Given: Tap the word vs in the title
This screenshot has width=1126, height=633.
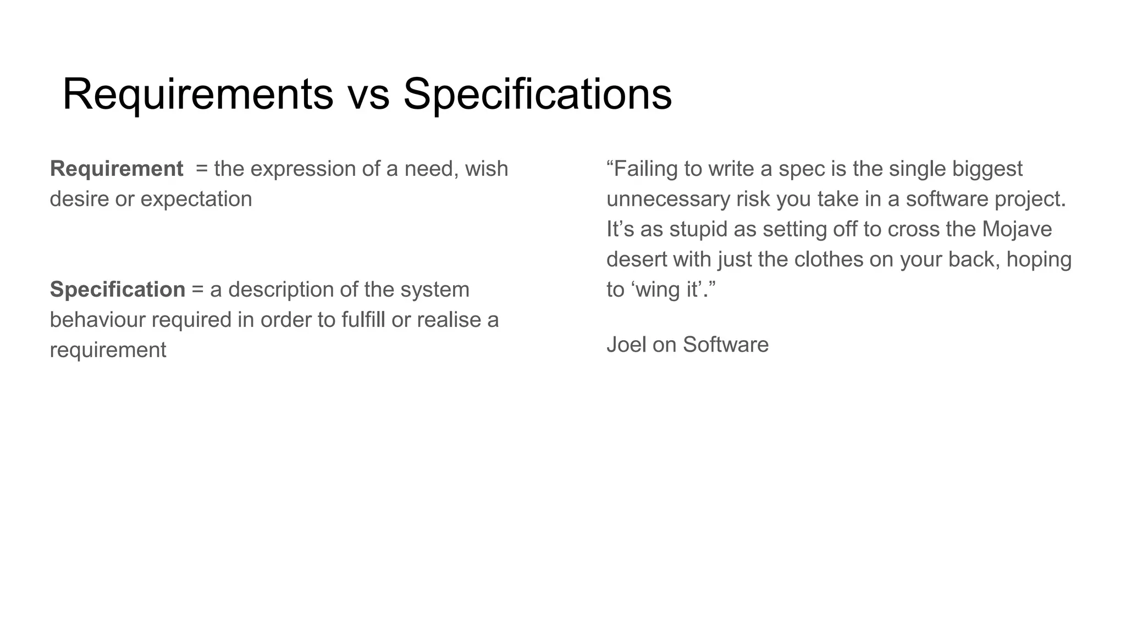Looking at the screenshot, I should [368, 95].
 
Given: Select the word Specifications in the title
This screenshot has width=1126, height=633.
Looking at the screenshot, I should [537, 95].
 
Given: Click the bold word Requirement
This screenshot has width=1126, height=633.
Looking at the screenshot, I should [117, 169].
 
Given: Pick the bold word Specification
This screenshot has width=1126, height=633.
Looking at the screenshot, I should [118, 290].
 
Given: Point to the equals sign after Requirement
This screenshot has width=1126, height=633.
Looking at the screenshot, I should [202, 169].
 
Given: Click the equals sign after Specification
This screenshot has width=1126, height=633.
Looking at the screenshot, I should [197, 290].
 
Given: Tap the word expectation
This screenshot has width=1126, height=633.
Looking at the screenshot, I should [196, 199].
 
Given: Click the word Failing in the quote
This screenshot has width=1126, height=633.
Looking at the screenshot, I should [646, 169].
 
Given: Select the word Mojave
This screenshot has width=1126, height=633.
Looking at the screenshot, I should [1017, 229].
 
